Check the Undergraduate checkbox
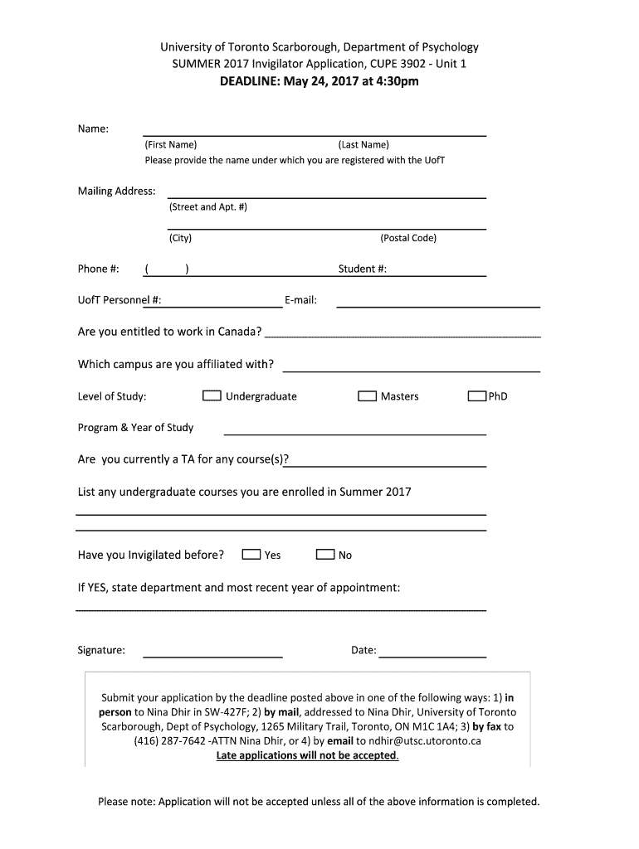coord(212,396)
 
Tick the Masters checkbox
coord(367,396)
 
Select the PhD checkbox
coord(476,396)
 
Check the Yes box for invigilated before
coord(251,555)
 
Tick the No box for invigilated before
coord(325,555)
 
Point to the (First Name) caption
coord(171,145)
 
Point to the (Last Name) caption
coord(363,145)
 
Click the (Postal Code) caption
coord(408,238)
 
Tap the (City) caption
coord(180,238)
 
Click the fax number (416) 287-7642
coord(170,741)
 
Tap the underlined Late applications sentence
coord(307,755)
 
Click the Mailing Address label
coord(116,192)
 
